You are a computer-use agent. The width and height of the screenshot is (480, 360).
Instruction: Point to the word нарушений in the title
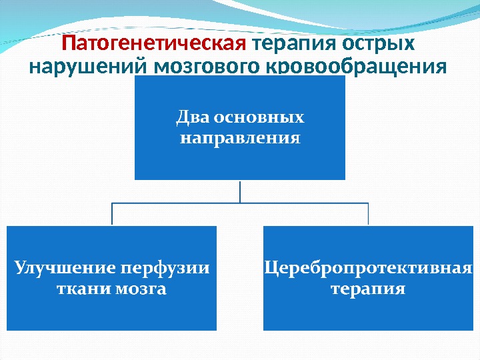click(91, 68)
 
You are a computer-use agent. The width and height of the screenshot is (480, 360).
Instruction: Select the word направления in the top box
click(240, 139)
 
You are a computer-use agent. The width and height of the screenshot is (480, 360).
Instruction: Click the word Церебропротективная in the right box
click(368, 268)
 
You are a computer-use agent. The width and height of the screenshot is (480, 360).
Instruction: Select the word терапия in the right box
click(368, 289)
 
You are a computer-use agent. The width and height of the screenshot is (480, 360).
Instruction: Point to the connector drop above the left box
click(112, 214)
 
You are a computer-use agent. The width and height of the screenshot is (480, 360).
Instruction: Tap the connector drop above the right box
click(368, 214)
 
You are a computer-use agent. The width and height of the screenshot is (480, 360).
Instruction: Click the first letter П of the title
click(68, 45)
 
